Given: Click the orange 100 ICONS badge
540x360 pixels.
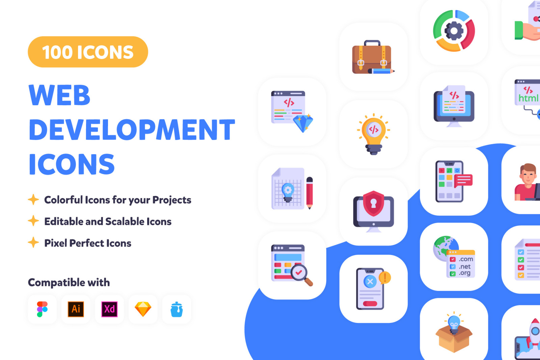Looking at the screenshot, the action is pyautogui.click(x=88, y=52).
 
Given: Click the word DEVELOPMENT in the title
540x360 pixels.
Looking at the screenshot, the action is pyautogui.click(x=132, y=130).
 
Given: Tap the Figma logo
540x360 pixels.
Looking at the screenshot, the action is pyautogui.click(x=42, y=309).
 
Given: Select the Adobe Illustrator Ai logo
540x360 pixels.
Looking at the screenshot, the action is pyautogui.click(x=76, y=309).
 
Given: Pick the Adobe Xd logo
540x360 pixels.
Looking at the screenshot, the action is pyautogui.click(x=109, y=309).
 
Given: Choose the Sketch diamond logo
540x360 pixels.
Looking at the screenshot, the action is pyautogui.click(x=143, y=309).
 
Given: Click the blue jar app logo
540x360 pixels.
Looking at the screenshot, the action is pyautogui.click(x=177, y=309).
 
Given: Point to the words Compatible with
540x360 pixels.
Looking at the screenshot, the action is pyautogui.click(x=69, y=282).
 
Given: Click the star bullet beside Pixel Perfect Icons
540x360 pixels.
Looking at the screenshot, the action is pyautogui.click(x=33, y=242).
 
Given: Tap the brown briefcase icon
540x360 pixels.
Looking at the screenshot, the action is pyautogui.click(x=372, y=57).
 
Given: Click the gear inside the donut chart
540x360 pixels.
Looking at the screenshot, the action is pyautogui.click(x=454, y=31).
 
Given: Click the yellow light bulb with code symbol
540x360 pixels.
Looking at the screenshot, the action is pyautogui.click(x=373, y=134).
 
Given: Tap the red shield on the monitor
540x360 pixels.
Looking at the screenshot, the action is pyautogui.click(x=373, y=203).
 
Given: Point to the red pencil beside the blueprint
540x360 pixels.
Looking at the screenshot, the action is pyautogui.click(x=309, y=193).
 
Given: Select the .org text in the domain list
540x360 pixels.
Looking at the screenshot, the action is pyautogui.click(x=464, y=273).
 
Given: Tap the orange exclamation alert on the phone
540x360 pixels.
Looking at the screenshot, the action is pyautogui.click(x=385, y=278).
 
